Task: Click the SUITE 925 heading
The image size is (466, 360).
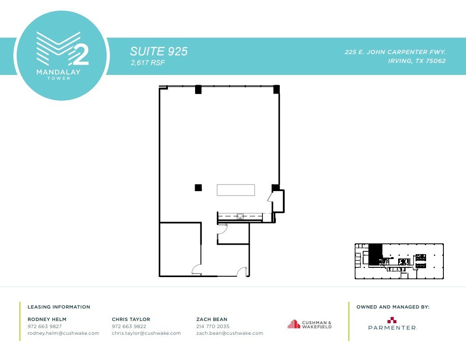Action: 159,51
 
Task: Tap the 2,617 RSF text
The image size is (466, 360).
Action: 148,63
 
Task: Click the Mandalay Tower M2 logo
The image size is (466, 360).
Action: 62,55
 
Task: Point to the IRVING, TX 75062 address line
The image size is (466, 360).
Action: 417,61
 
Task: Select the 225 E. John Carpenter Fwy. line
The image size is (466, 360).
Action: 395,52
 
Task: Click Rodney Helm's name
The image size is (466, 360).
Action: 47,319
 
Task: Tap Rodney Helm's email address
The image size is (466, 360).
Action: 63,333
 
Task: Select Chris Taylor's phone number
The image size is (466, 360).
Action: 129,326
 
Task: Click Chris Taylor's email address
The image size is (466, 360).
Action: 146,333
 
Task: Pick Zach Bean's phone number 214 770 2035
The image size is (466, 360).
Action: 213,326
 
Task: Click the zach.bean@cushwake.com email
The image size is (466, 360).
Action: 230,333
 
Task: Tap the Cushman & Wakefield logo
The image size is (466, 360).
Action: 309,325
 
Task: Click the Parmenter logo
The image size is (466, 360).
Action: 392,324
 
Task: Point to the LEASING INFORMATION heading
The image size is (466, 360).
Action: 59,307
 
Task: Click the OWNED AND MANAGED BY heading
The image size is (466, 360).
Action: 393,307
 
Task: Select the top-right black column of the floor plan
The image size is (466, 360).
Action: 277,89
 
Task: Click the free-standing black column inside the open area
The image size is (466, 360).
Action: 198,188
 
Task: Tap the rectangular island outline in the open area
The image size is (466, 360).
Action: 235,190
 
